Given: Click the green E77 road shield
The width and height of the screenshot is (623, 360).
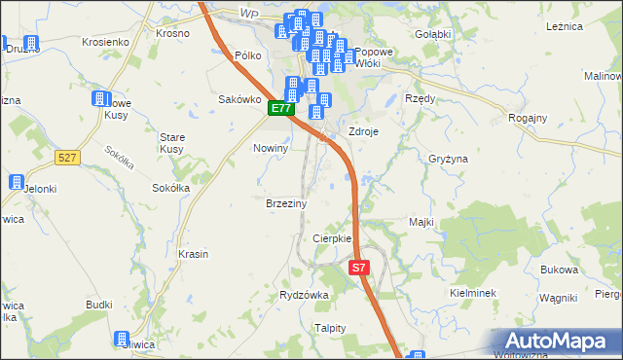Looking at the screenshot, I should (281, 109).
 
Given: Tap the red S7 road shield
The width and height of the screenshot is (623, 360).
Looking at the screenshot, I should (359, 267).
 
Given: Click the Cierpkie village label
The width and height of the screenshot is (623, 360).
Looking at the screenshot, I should (331, 238).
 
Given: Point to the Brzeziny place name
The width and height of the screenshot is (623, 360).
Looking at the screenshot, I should (286, 204).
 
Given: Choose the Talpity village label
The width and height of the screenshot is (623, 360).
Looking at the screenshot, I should (330, 328).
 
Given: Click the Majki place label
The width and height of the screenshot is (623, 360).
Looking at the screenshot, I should (421, 223).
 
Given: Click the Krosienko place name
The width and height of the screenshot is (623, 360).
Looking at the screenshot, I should (106, 43).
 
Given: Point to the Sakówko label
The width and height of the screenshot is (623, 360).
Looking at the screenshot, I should (239, 99).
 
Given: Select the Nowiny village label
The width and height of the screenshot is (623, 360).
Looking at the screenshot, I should (271, 148).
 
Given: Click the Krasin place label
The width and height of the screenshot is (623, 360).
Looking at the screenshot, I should (194, 254).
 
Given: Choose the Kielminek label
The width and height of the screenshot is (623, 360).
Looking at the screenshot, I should (474, 292).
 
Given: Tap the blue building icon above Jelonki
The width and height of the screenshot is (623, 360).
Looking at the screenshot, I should (17, 182).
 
